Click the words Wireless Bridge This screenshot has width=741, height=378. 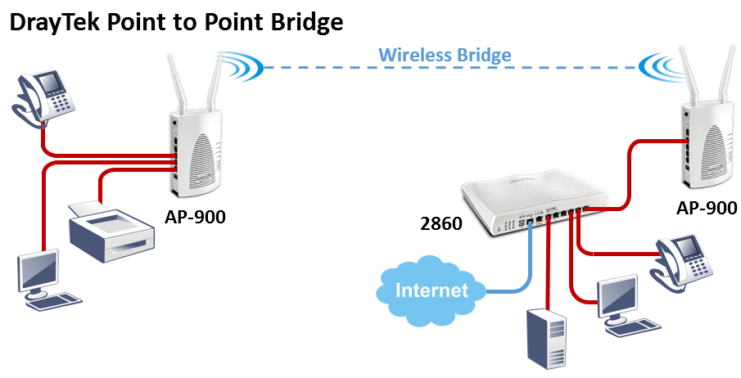coord(445,56)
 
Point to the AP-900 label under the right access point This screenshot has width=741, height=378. coord(706,208)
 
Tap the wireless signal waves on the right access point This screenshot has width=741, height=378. coord(662,63)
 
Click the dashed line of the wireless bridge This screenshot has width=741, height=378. coord(328,67)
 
